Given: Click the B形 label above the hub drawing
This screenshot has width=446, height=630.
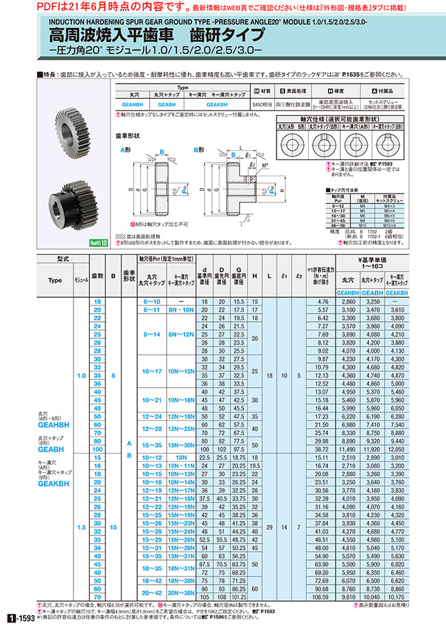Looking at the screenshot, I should (198, 149).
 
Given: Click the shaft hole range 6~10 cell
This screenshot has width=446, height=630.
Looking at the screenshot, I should (150, 301).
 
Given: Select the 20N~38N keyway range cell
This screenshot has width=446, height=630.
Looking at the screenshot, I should (183, 593).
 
